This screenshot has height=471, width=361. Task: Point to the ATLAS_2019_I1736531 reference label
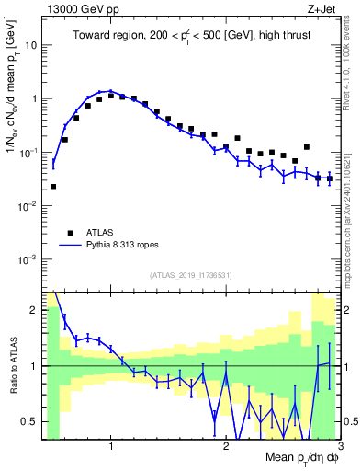(191, 275)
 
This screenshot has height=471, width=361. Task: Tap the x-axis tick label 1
(111, 447)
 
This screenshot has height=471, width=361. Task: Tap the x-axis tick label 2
(225, 447)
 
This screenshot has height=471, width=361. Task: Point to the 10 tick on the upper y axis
(32, 44)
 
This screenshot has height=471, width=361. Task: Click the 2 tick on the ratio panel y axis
(37, 309)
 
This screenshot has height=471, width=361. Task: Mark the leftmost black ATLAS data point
(53, 186)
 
